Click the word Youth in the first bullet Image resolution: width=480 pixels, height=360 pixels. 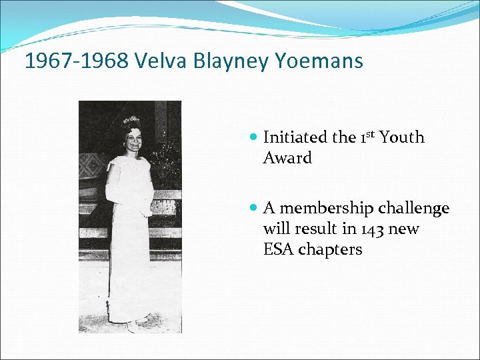[x=402, y=137]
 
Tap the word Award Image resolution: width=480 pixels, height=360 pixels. [x=287, y=158]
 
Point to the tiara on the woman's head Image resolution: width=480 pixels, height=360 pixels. [x=131, y=121]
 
